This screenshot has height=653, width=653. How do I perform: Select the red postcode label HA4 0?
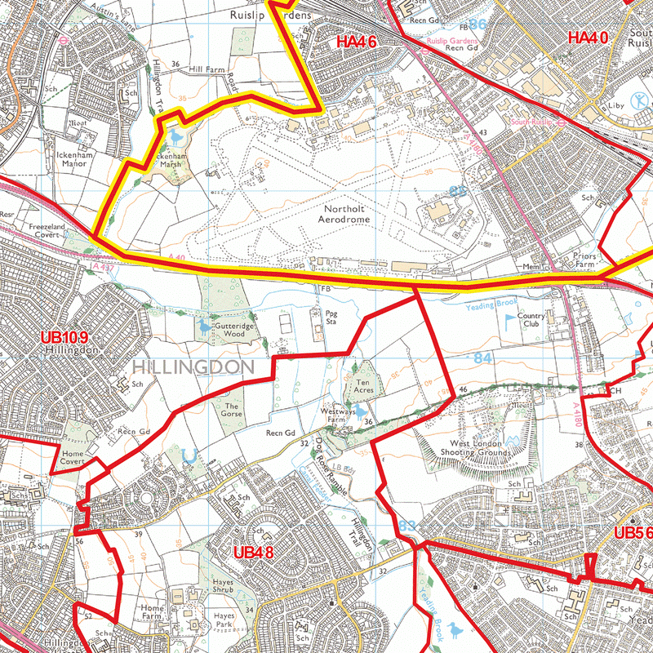(589, 38)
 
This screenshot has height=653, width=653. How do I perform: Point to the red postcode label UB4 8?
(254, 553)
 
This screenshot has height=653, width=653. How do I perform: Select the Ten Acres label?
(364, 385)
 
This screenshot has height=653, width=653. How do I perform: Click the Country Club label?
(531, 321)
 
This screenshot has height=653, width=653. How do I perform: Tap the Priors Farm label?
(584, 260)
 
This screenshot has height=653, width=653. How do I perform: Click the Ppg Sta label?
(331, 318)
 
